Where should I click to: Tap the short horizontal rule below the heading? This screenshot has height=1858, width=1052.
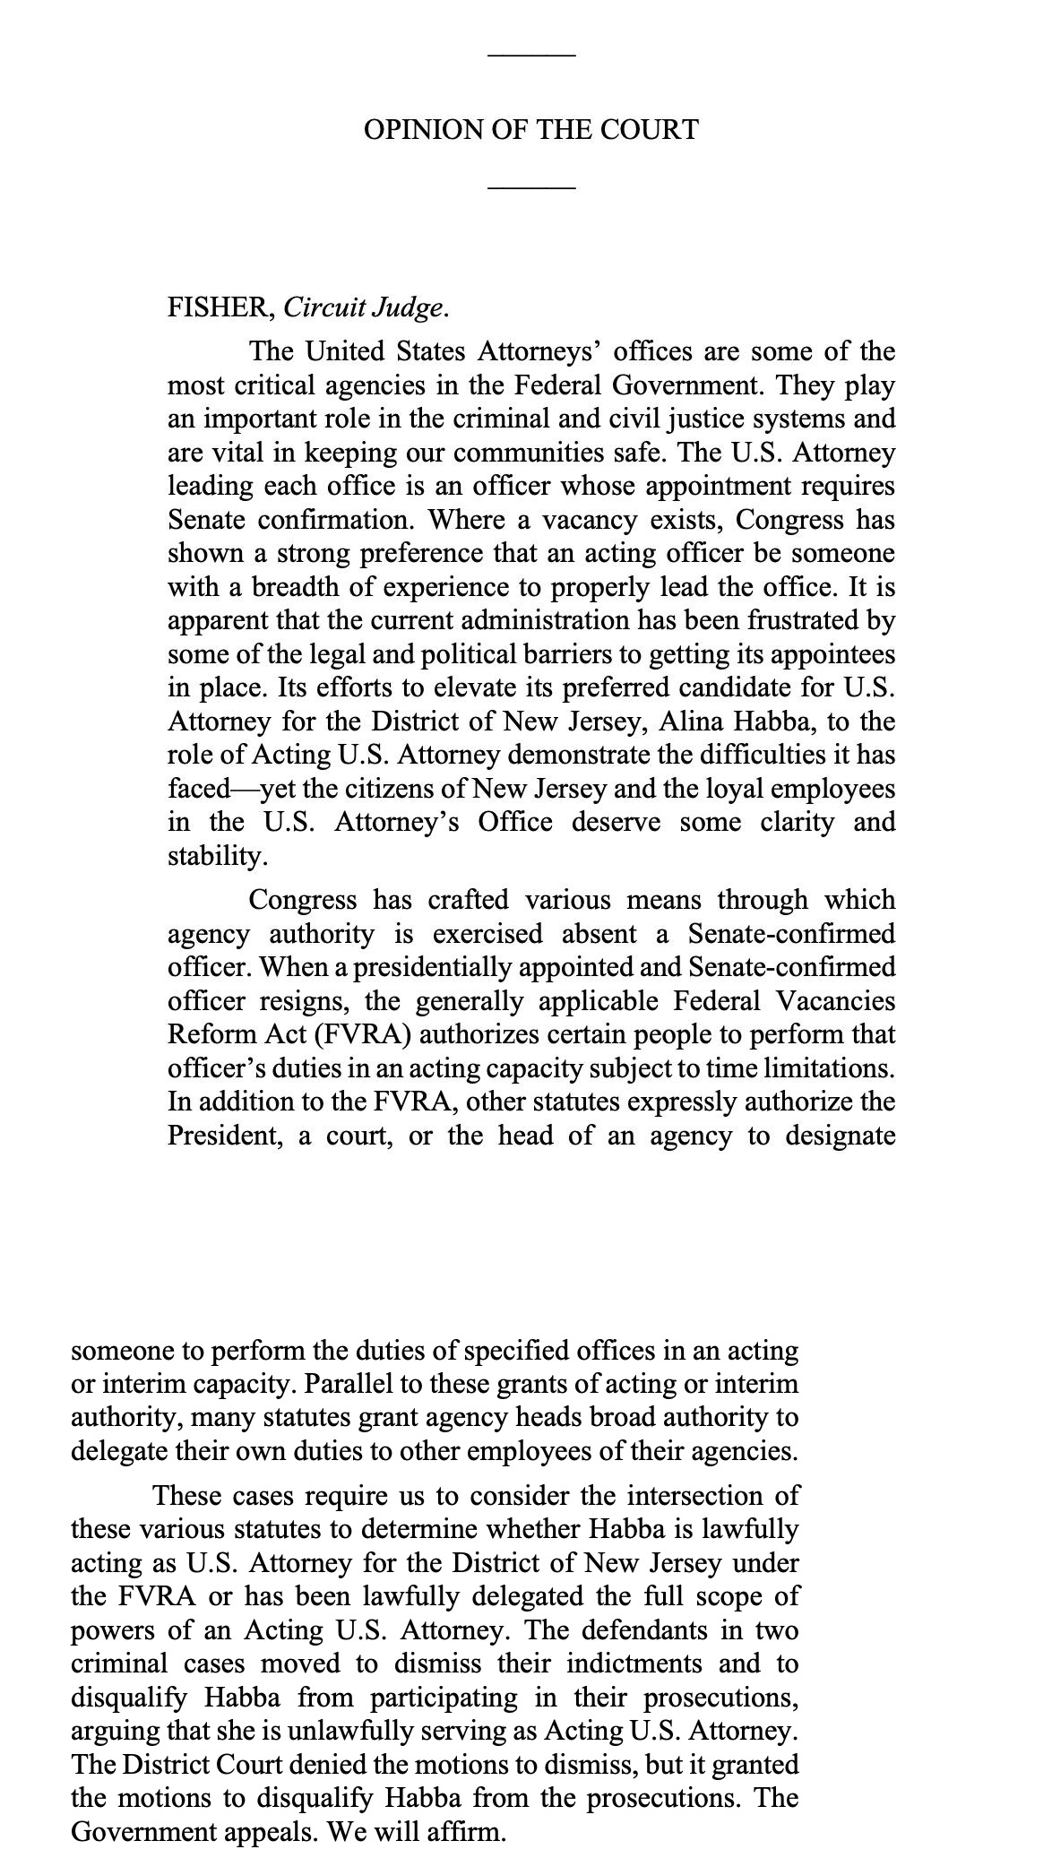(x=531, y=188)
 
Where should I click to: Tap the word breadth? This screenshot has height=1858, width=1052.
(x=291, y=587)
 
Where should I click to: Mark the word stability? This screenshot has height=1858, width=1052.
(x=217, y=856)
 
